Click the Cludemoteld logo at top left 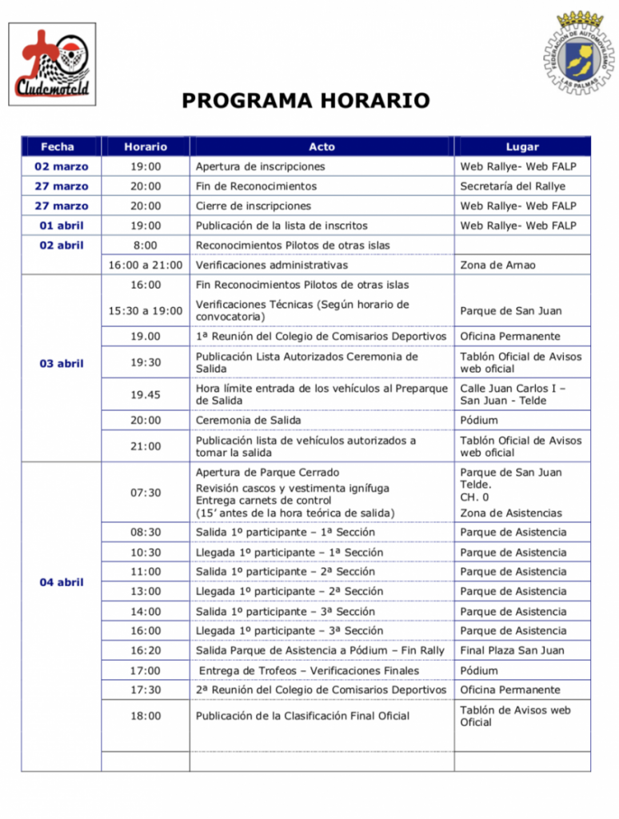[52, 64]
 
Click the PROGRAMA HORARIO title [306, 101]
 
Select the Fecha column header [58, 146]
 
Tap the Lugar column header [522, 147]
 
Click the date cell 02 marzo [62, 166]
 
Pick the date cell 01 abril [62, 226]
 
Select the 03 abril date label [62, 364]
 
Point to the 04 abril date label [62, 582]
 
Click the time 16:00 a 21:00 [146, 265]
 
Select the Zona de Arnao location [497, 265]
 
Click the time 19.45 [146, 394]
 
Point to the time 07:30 [146, 493]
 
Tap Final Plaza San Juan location [512, 650]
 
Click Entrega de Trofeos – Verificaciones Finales [309, 670]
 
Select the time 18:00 [146, 716]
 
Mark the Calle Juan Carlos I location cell [513, 394]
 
